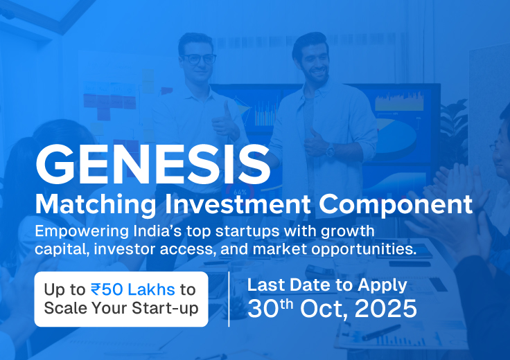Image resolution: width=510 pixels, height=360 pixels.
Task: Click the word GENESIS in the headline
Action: pyautogui.click(x=152, y=164)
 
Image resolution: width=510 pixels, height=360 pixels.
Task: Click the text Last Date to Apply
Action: pyautogui.click(x=327, y=285)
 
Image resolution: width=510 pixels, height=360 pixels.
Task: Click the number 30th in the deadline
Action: pyautogui.click(x=268, y=308)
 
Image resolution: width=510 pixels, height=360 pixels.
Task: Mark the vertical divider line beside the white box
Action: pyautogui.click(x=229, y=298)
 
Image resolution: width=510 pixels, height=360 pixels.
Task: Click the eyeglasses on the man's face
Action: pyautogui.click(x=200, y=59)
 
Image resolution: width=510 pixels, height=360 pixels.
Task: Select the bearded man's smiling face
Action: pyautogui.click(x=312, y=59)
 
